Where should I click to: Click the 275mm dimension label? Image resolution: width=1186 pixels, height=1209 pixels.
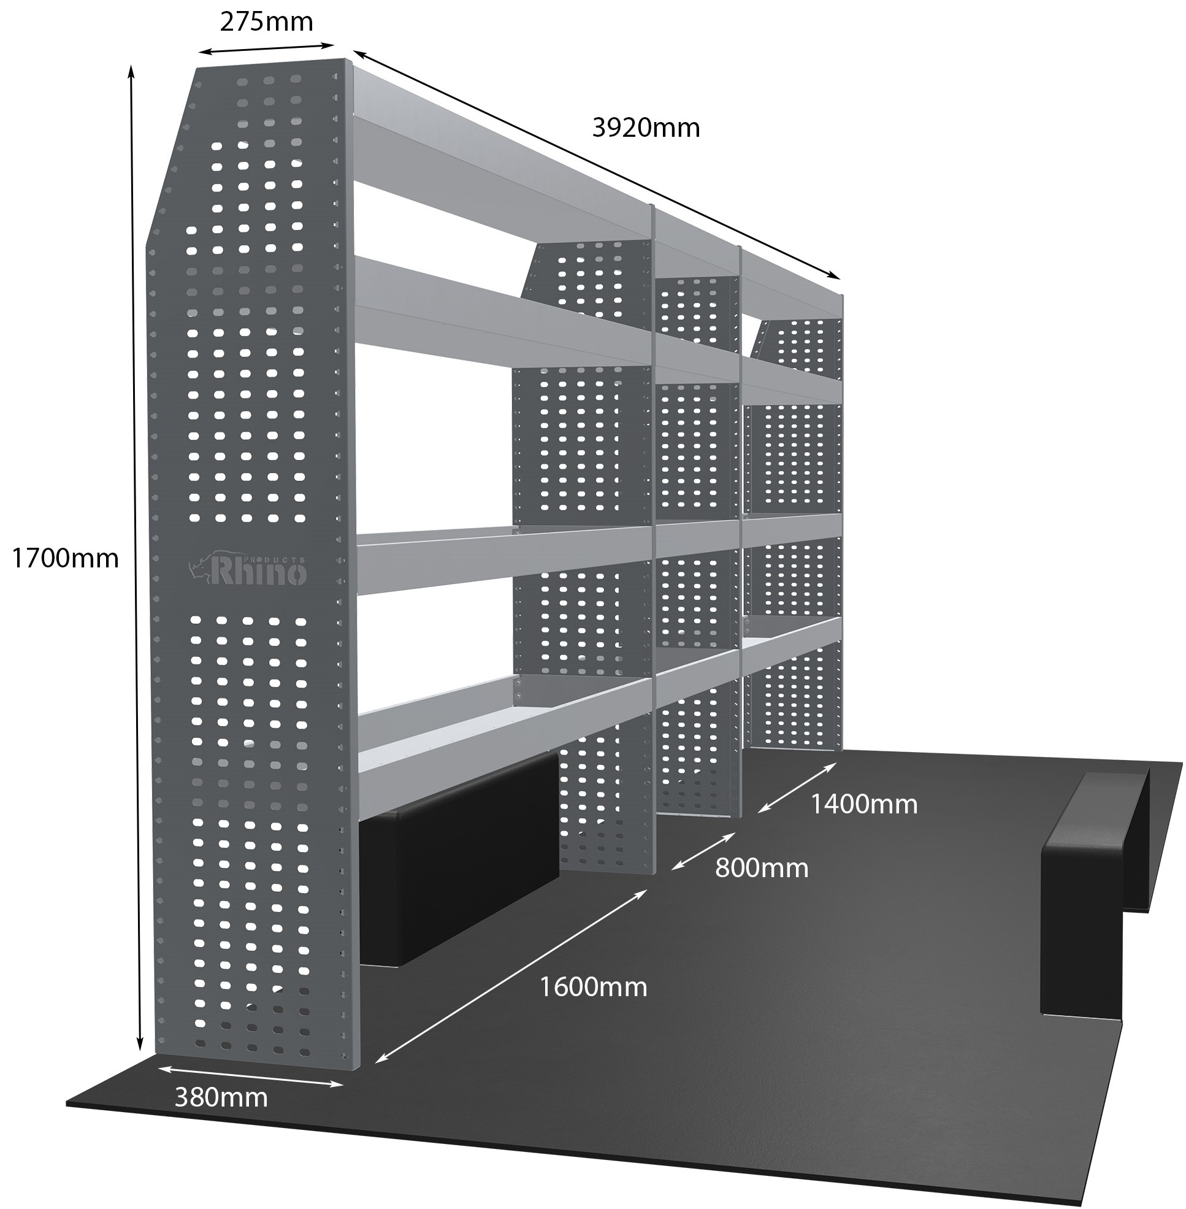coord(266,23)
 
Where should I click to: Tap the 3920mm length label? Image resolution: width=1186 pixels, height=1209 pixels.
coord(646,128)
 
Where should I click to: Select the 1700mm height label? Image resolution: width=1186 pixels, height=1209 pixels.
coord(65,559)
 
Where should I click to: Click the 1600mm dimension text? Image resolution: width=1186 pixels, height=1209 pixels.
coord(593,988)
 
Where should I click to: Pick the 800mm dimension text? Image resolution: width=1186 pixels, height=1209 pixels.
coord(761,868)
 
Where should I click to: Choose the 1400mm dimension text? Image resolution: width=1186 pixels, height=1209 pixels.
coord(864,805)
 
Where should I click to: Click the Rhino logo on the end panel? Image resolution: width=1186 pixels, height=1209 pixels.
coord(248,570)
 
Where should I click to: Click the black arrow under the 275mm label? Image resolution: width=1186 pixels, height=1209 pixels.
coord(267,48)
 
